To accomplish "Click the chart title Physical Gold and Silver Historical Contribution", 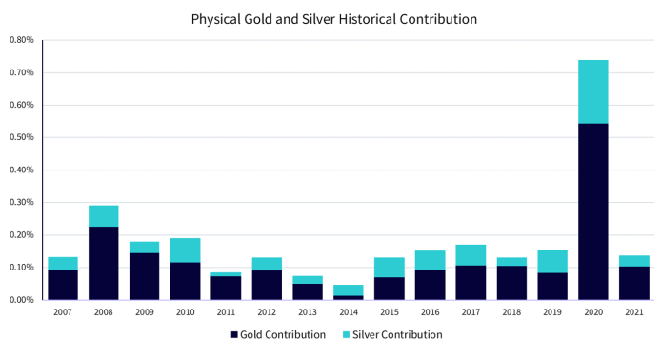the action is tap(334, 19).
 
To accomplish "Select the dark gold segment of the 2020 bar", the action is tap(593, 211).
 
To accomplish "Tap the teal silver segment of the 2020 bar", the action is tap(593, 91).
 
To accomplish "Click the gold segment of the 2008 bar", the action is tap(103, 263).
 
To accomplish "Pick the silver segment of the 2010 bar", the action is tap(185, 250).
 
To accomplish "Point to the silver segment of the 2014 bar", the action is tap(349, 290).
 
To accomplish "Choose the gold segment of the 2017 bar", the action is tap(471, 283).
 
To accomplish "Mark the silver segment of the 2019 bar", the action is tap(552, 261).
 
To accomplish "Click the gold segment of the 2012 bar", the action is tap(267, 285).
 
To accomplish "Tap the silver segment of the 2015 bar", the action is tap(390, 268).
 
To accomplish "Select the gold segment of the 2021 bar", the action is tap(634, 283).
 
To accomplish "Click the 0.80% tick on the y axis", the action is tap(22, 40).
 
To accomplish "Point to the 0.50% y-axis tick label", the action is tap(22, 137).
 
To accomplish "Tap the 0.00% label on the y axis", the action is tap(22, 300).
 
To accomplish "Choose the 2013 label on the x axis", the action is tap(308, 312).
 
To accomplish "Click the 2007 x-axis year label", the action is tap(63, 312).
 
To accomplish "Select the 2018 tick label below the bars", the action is tap(511, 312).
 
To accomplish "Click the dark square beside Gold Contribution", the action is tap(234, 335).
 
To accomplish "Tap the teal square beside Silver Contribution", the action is tap(346, 335).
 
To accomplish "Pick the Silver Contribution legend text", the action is tap(397, 334).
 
